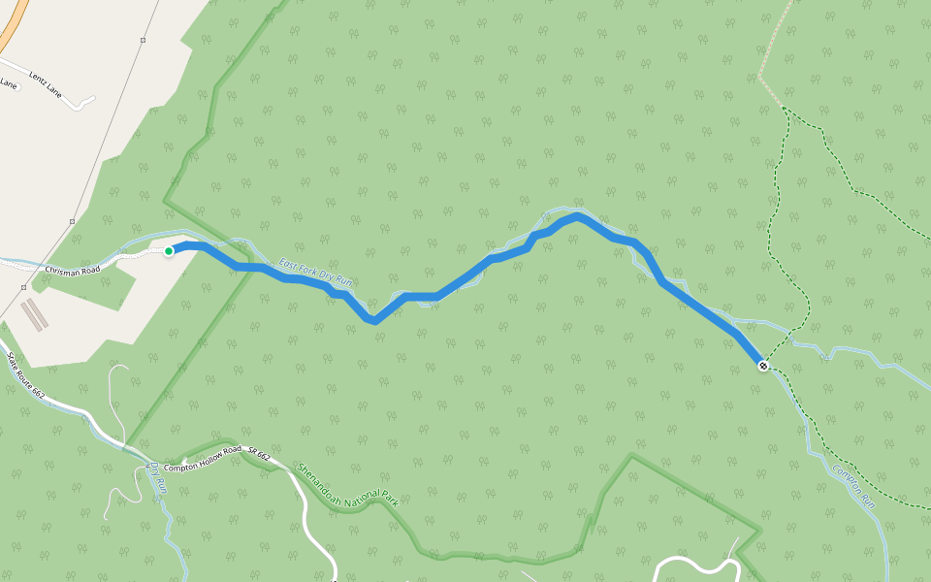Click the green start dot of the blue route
click(169, 251)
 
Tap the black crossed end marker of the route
click(763, 366)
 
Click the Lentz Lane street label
click(45, 75)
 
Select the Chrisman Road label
click(72, 269)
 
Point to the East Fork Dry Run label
click(314, 273)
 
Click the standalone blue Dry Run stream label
click(157, 478)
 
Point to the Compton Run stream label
click(853, 486)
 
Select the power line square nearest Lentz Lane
click(143, 41)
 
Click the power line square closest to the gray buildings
click(23, 287)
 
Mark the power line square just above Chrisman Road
click(72, 221)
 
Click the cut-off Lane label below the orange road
click(8, 84)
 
